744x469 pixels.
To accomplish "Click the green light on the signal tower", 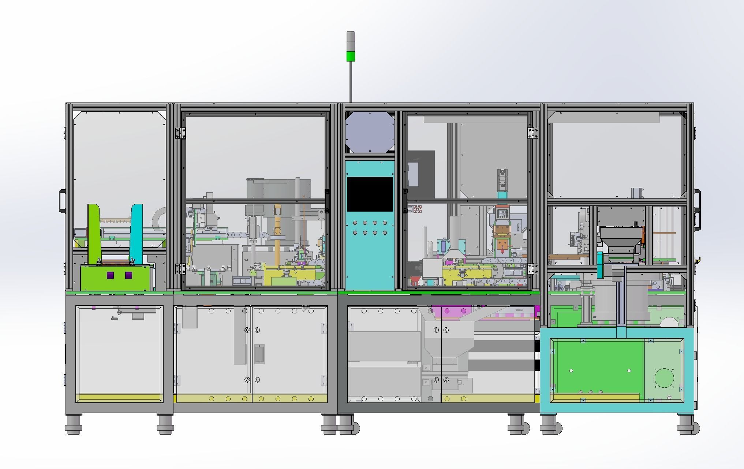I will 351,56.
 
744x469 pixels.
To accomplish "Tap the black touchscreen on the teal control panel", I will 370,194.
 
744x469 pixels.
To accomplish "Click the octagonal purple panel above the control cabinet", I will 370,132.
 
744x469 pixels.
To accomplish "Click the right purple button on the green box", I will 128,275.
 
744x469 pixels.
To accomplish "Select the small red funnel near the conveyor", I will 415,281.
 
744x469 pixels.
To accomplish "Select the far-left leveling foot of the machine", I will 74,425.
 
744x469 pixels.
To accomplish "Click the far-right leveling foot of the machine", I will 688,425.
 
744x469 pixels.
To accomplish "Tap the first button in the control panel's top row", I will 355,223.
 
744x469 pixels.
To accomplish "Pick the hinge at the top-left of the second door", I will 180,133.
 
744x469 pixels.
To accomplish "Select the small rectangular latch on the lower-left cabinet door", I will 259,354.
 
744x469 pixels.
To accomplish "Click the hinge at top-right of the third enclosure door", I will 532,133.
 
